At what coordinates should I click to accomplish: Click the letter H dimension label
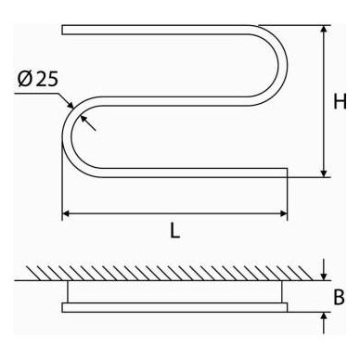pyautogui.click(x=340, y=101)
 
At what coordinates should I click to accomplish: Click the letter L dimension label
pyautogui.click(x=175, y=230)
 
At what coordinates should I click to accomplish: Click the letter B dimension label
pyautogui.click(x=340, y=297)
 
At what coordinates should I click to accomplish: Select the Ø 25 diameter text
pyautogui.click(x=38, y=79)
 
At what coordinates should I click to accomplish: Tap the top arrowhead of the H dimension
pyautogui.click(x=324, y=29)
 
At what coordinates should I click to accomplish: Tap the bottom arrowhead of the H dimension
pyautogui.click(x=324, y=174)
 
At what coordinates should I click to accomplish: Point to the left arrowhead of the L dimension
pyautogui.click(x=66, y=213)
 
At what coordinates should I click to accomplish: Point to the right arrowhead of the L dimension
pyautogui.click(x=284, y=213)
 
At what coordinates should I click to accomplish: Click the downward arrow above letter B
pyautogui.click(x=324, y=270)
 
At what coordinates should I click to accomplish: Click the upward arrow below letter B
pyautogui.click(x=324, y=323)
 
